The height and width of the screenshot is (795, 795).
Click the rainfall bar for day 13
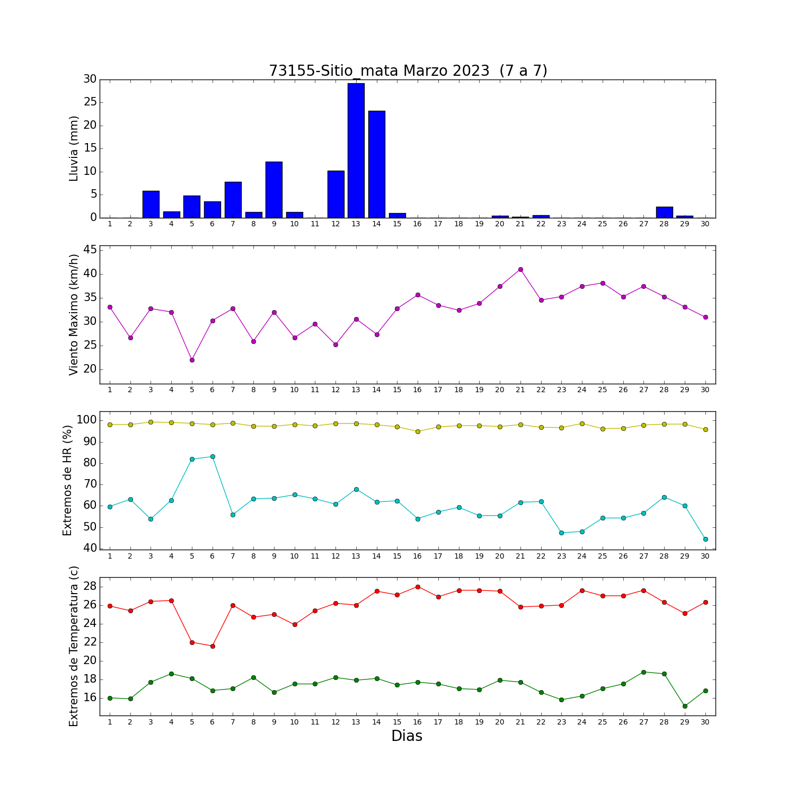click(356, 151)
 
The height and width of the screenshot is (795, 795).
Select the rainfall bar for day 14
click(377, 164)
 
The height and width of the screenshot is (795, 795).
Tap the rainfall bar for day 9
click(274, 190)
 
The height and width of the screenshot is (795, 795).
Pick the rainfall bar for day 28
click(665, 212)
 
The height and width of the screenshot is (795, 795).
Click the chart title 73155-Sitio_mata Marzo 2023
click(379, 71)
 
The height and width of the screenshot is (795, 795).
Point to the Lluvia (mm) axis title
click(74, 148)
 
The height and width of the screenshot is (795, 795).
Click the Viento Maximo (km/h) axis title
click(74, 315)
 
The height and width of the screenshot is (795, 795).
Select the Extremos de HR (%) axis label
click(67, 480)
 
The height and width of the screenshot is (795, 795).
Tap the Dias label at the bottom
click(407, 736)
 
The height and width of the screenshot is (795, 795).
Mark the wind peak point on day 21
click(520, 269)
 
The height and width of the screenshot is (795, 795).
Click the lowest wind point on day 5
click(192, 360)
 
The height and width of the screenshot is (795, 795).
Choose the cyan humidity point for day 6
click(213, 456)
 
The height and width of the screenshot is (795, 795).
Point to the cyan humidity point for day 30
click(705, 539)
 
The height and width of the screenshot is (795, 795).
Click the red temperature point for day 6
click(213, 646)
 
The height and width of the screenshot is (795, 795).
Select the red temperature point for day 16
click(418, 587)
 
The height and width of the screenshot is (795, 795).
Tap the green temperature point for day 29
click(685, 706)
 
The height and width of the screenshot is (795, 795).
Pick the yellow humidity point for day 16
click(418, 431)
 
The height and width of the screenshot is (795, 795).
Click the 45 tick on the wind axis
click(90, 250)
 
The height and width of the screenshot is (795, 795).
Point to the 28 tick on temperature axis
click(90, 586)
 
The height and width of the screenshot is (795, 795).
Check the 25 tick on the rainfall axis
click(90, 102)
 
